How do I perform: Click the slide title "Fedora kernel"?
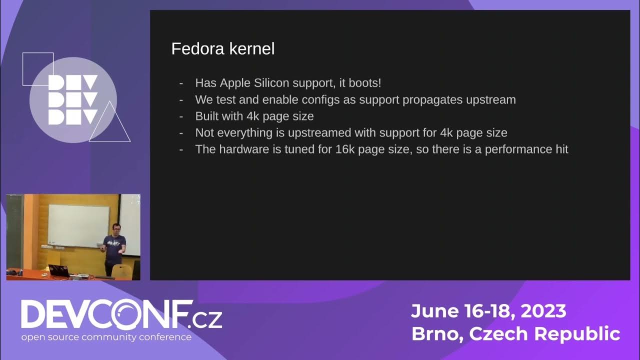[x=222, y=49]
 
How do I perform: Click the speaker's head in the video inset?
[x=115, y=228]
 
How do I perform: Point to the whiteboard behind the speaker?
[x=78, y=225]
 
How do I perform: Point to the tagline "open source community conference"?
[x=106, y=337]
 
